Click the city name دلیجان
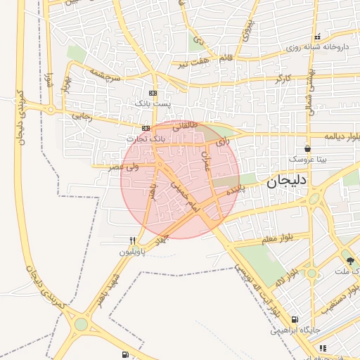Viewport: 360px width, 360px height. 286,182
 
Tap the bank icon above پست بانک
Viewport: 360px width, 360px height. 153,94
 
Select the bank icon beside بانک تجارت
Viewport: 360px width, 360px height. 146,128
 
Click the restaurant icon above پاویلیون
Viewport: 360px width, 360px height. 131,240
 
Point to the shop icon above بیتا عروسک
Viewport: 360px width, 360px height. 307,150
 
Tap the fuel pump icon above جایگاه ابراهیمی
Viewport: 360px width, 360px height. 293,319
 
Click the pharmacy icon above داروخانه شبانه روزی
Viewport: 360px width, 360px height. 317,37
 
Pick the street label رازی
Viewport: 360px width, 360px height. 223,142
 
